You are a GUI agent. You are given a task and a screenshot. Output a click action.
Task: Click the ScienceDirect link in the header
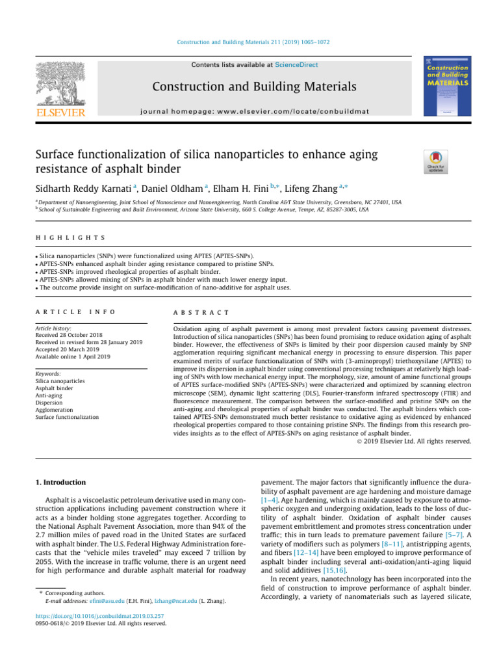(297, 65)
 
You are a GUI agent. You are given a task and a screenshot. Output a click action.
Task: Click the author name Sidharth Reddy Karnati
(88, 189)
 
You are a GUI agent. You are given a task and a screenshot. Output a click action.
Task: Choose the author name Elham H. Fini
(246, 189)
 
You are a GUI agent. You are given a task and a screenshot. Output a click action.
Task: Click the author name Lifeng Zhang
(313, 189)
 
